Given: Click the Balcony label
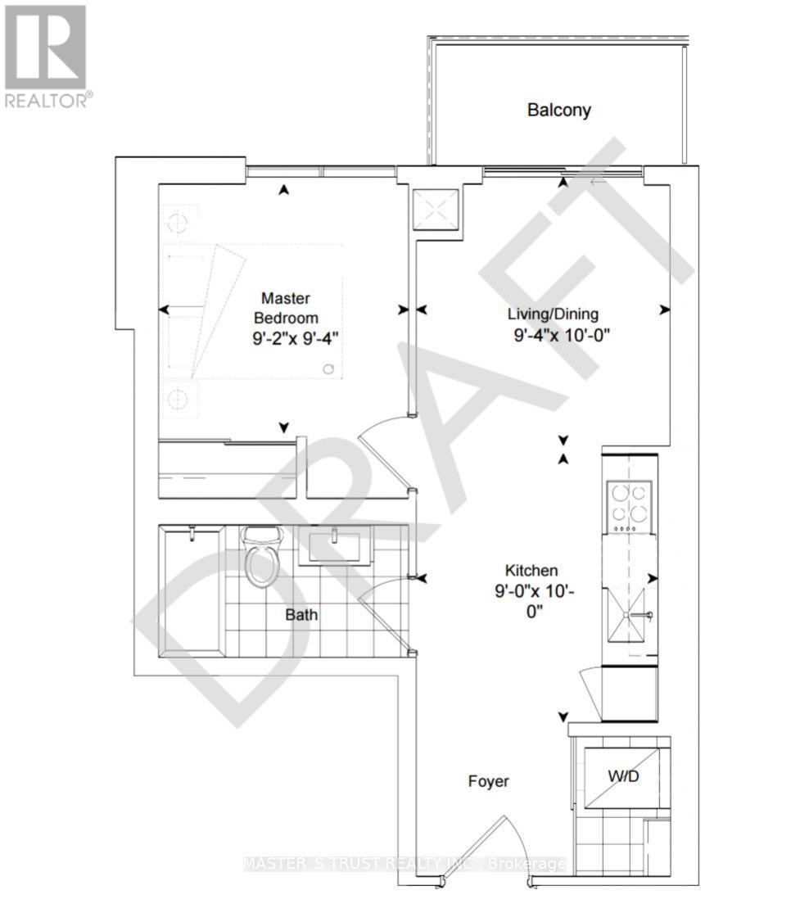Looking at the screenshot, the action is click(558, 110).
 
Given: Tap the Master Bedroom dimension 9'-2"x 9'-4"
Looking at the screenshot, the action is click(296, 338).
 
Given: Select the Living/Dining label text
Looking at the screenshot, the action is click(553, 314).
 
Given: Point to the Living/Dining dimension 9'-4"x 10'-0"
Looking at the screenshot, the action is click(562, 336).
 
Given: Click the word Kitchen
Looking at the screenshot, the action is click(531, 571).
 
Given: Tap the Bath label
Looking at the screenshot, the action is click(301, 615).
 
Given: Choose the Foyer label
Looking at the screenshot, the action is click(489, 781).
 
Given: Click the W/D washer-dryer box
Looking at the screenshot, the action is click(622, 778).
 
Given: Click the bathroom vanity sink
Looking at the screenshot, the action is click(334, 545).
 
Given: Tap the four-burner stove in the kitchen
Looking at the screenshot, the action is click(629, 507).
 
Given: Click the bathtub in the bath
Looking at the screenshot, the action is click(192, 591).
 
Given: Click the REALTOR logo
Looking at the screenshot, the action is click(46, 56).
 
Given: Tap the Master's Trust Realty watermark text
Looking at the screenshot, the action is click(404, 864).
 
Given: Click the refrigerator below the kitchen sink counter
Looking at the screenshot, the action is click(629, 694).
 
